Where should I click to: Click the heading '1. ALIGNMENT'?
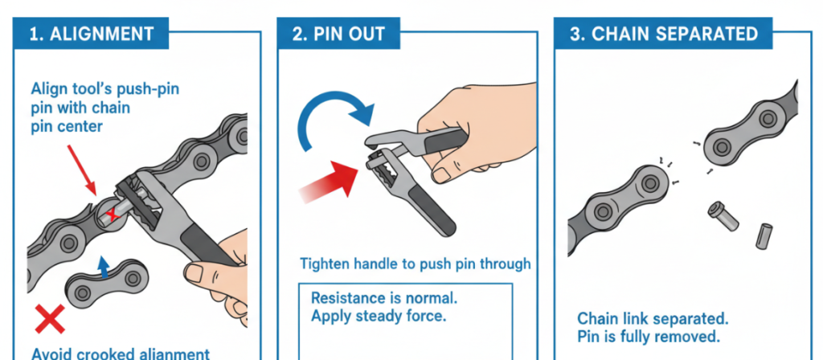tap(91, 35)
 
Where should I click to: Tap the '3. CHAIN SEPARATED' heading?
tap(663, 35)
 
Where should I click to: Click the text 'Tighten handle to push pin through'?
tap(415, 264)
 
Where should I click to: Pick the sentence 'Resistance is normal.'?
tap(384, 297)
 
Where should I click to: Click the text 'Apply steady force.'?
tap(378, 316)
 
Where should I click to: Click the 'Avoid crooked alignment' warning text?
tap(121, 353)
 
